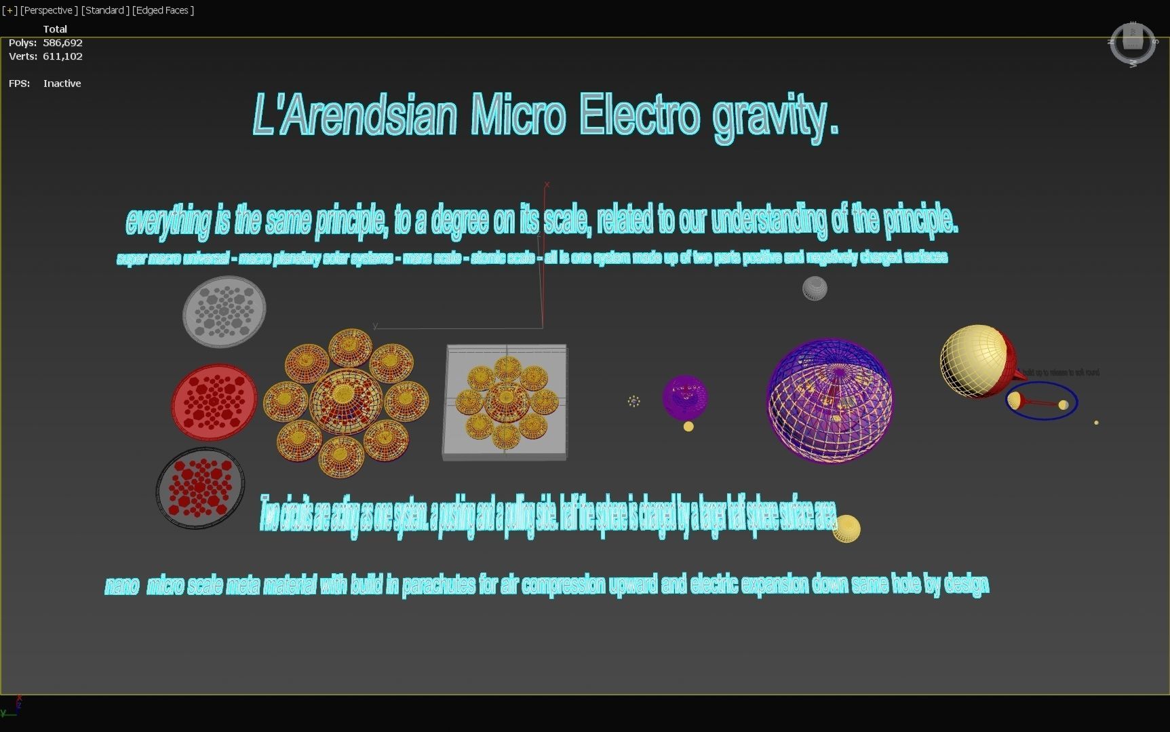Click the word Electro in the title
(x=639, y=115)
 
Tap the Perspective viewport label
(x=47, y=10)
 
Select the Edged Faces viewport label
(x=163, y=10)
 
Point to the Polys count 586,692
(x=62, y=43)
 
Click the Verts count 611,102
(x=62, y=56)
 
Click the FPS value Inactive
(x=62, y=83)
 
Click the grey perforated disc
(x=224, y=311)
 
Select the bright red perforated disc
(x=214, y=402)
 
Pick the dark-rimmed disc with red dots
(x=200, y=487)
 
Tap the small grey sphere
(x=815, y=288)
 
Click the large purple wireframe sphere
(x=830, y=401)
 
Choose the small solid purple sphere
(x=685, y=397)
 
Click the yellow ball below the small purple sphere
(x=688, y=427)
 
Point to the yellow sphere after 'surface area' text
(x=846, y=528)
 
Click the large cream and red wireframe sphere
(x=975, y=361)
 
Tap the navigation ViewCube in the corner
(x=1133, y=44)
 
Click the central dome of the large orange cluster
(x=345, y=401)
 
